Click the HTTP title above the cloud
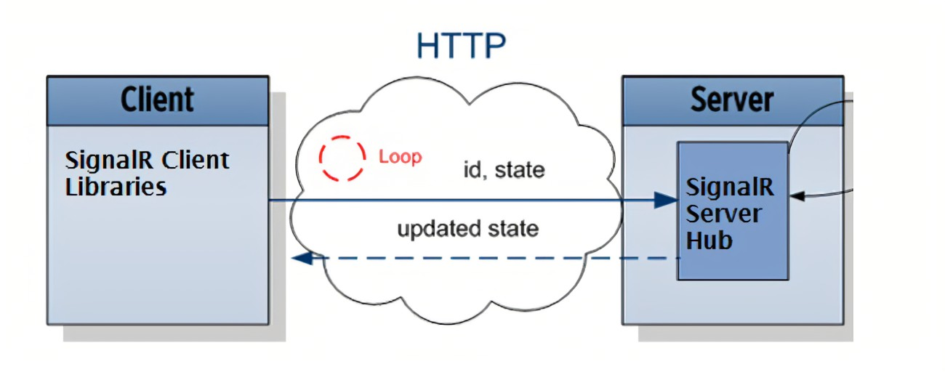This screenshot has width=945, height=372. pyautogui.click(x=461, y=46)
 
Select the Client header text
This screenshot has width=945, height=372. pyautogui.click(x=157, y=100)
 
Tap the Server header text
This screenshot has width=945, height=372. pyautogui.click(x=732, y=100)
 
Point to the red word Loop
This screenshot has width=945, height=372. pyautogui.click(x=400, y=157)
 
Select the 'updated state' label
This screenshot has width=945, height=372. pyautogui.click(x=467, y=230)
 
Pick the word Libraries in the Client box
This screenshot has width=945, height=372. pyautogui.click(x=116, y=187)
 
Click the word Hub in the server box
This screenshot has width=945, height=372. pyautogui.click(x=709, y=240)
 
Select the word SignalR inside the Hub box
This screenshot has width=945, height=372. pyautogui.click(x=730, y=187)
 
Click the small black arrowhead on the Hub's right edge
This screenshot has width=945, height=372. pyautogui.click(x=795, y=195)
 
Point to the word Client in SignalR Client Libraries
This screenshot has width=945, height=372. pyautogui.click(x=196, y=160)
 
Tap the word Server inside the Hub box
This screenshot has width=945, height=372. pyautogui.click(x=724, y=214)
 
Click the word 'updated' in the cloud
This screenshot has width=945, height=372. pyautogui.click(x=433, y=230)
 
